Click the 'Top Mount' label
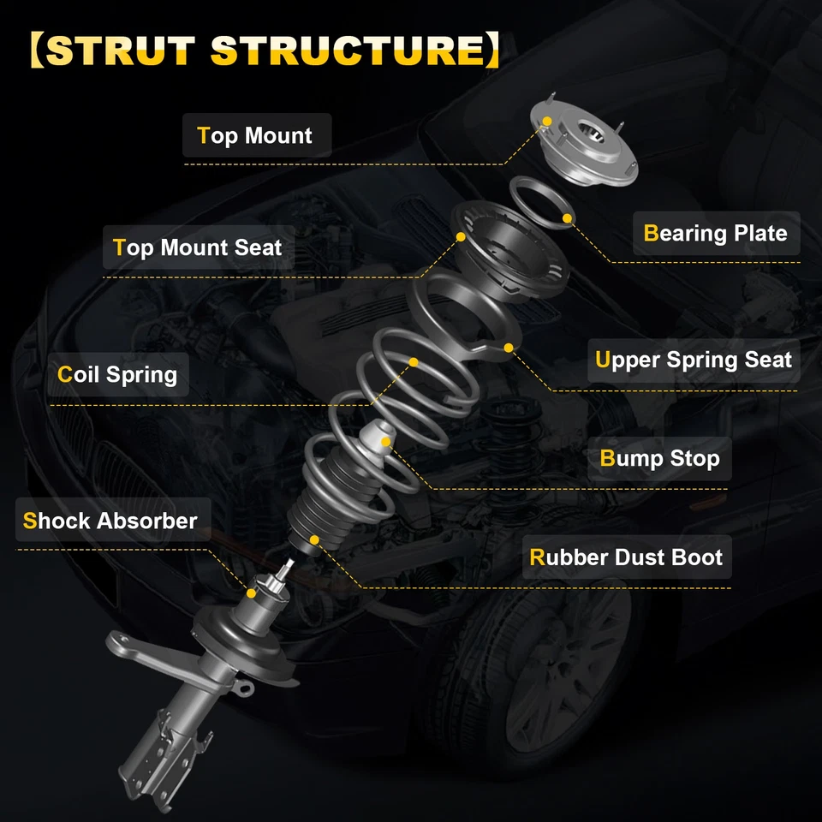pos(255,136)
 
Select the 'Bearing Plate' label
pos(715,234)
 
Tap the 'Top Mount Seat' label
pos(198,248)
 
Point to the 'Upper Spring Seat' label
pos(694,360)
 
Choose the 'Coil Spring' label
pos(117,375)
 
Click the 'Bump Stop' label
pos(659,459)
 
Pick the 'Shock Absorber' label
pos(110,521)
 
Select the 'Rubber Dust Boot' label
pos(626,557)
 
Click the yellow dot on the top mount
pos(545,122)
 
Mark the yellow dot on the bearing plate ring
pos(567,219)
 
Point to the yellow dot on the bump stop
pos(386,442)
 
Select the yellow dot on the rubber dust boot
pos(315,539)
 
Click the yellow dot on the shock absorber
pos(252,592)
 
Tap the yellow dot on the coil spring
pos(413,362)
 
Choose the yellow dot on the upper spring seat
pos(509,347)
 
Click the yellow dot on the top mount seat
pos(461,236)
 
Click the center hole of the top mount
pos(588,134)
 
